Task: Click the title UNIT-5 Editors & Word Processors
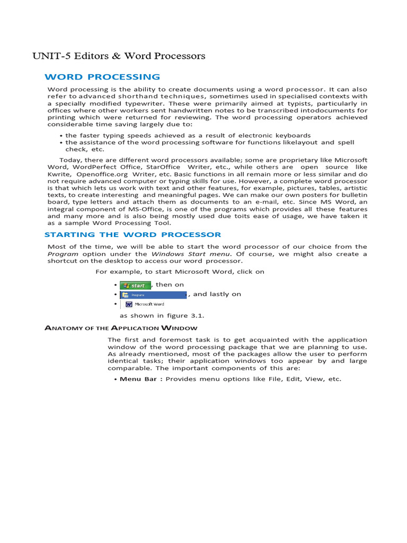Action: tap(119, 56)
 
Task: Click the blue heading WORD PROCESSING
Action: tap(102, 77)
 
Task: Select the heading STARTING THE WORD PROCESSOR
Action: tap(133, 234)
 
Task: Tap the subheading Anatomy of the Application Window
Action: tap(121, 328)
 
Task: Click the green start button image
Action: tap(135, 285)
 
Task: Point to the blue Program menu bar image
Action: tap(153, 294)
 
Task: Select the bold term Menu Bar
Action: tap(138, 379)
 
